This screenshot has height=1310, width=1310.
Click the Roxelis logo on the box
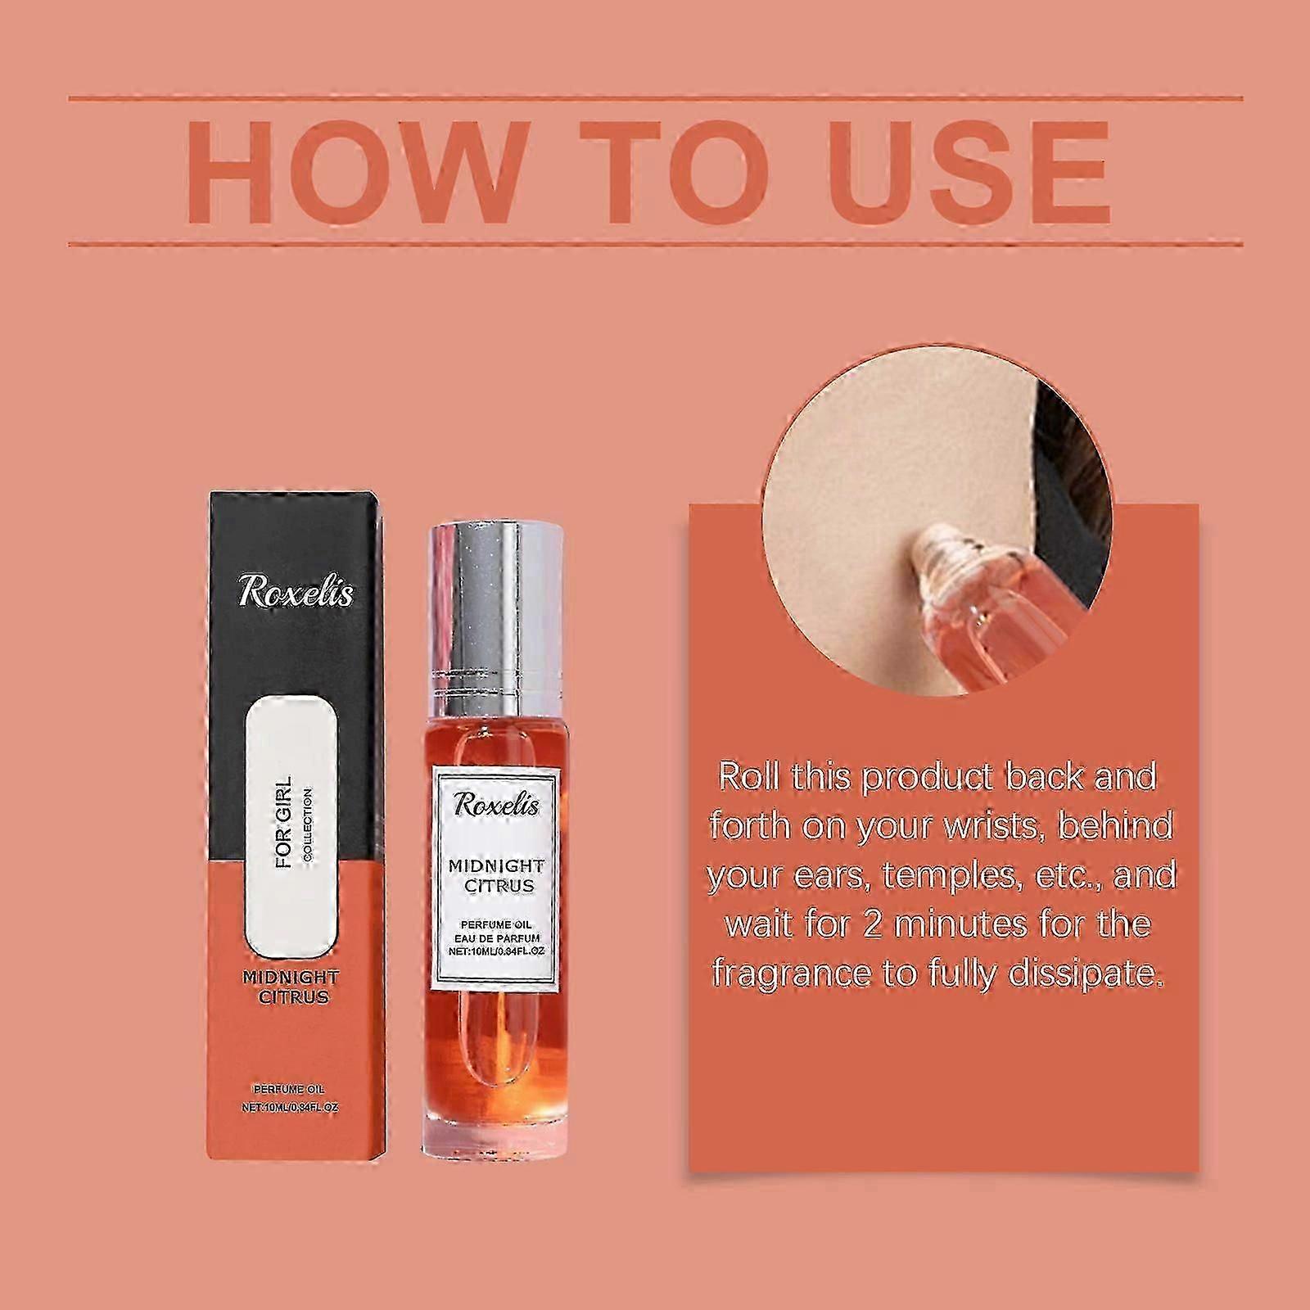click(296, 592)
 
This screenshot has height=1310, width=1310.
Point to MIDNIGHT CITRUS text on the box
click(291, 987)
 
